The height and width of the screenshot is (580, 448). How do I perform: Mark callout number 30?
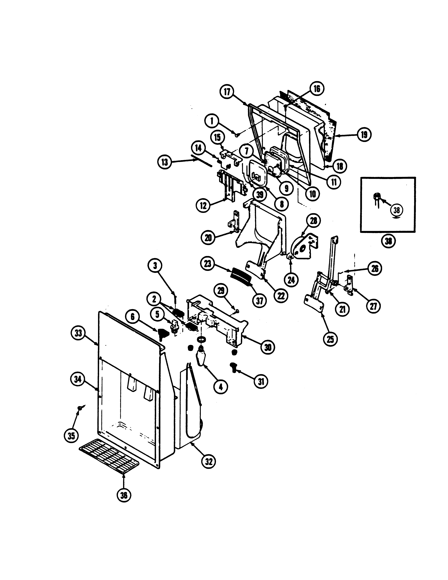click(x=268, y=347)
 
